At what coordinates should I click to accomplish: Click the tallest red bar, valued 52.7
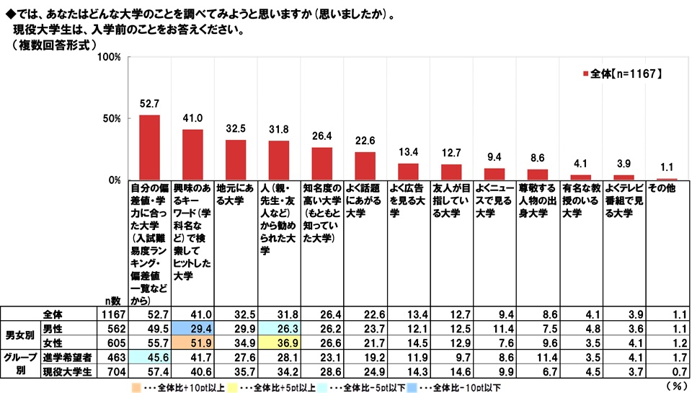(149, 147)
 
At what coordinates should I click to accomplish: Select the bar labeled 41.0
(192, 154)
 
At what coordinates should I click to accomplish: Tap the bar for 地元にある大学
(236, 159)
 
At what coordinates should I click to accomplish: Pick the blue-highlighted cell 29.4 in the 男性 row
(192, 327)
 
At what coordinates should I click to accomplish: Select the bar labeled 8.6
(538, 175)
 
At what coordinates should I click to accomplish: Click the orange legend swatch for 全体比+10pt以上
(125, 387)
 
